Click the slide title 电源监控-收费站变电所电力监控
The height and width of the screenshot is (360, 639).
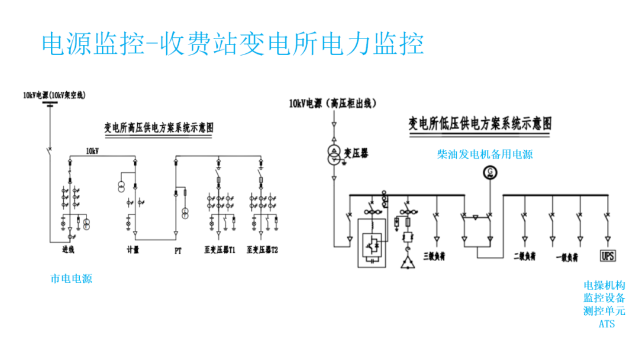tap(233, 44)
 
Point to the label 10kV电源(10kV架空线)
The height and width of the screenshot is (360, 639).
tap(54, 95)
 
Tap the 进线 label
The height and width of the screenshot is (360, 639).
tap(69, 250)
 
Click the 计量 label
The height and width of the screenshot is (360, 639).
tap(133, 250)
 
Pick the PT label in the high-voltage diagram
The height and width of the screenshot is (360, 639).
tap(177, 250)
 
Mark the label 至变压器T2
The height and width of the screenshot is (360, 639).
tap(262, 250)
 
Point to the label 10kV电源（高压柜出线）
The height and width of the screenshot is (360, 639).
tap(333, 104)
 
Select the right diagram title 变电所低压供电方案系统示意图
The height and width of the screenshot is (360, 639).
tap(480, 124)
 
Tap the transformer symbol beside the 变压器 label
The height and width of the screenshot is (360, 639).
tap(334, 155)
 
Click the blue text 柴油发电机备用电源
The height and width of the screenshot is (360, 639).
tap(485, 155)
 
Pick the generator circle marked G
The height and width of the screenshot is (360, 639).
tap(489, 172)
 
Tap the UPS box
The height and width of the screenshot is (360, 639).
tap(608, 256)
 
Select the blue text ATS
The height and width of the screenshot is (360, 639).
tap(606, 324)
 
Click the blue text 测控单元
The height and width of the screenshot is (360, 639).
tap(604, 311)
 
